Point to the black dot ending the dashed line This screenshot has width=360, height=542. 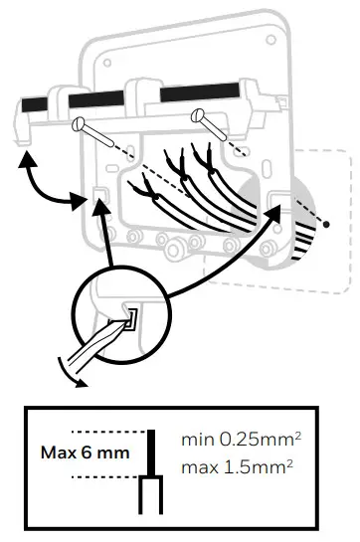pos(324,226)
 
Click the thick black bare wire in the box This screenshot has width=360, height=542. pos(152,453)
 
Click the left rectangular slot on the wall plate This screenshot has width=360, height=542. pos(98,195)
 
